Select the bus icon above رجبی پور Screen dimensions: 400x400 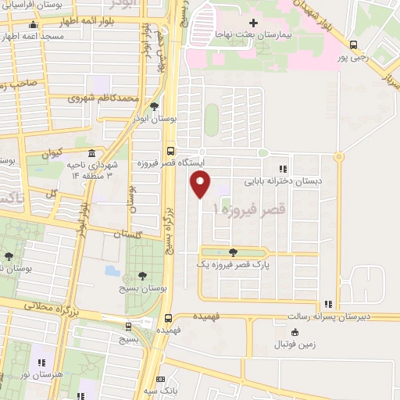[x=354, y=45]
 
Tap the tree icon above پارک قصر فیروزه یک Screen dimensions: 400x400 [x=233, y=252]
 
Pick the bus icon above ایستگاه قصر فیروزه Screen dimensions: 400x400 [x=170, y=152]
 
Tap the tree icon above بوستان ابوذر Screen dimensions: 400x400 [x=153, y=105]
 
